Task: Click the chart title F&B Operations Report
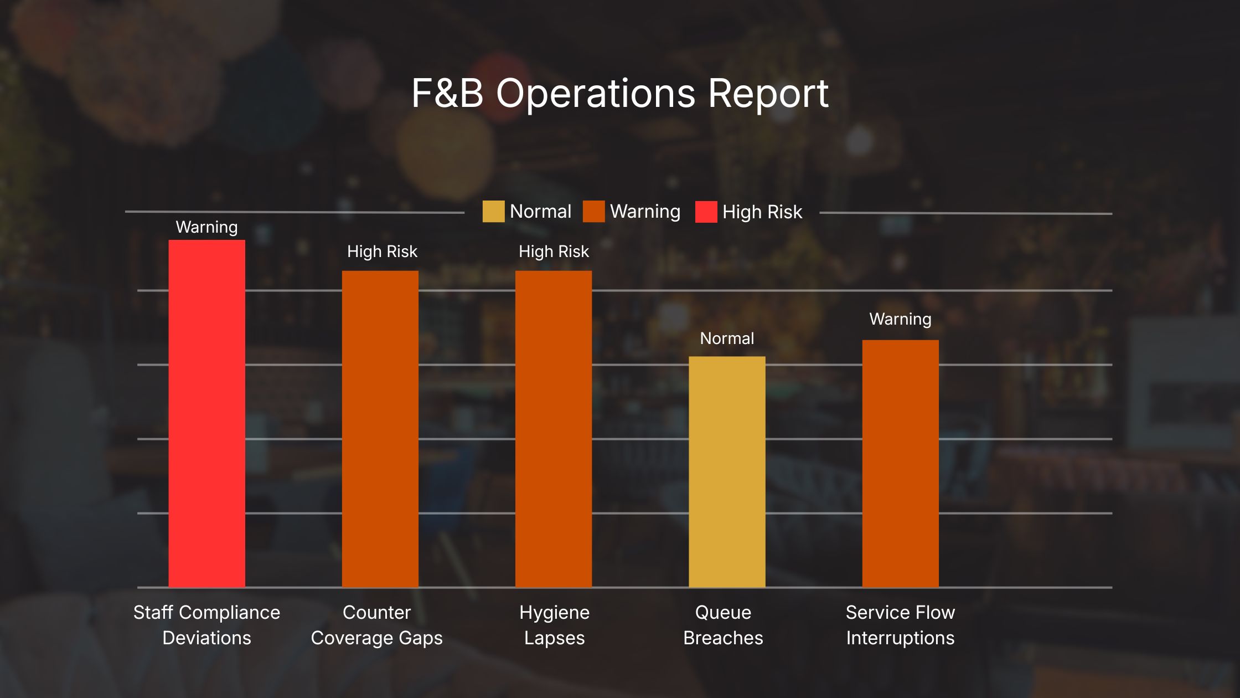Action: pyautogui.click(x=619, y=93)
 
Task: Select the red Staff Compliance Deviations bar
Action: pyautogui.click(x=206, y=413)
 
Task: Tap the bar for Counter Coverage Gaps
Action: pyautogui.click(x=380, y=429)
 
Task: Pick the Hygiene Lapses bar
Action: pyautogui.click(x=553, y=429)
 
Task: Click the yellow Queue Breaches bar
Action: pyautogui.click(x=727, y=471)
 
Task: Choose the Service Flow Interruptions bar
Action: pyautogui.click(x=900, y=463)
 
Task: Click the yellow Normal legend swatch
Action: pyautogui.click(x=493, y=212)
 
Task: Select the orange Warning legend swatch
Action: pyautogui.click(x=593, y=212)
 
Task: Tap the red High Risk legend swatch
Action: pyautogui.click(x=706, y=212)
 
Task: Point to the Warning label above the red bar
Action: pyautogui.click(x=206, y=227)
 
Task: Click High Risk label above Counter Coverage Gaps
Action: pyautogui.click(x=382, y=252)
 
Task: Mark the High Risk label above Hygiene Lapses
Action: pyautogui.click(x=554, y=252)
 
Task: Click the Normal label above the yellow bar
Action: pyautogui.click(x=727, y=338)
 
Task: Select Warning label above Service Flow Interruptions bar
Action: pyautogui.click(x=900, y=319)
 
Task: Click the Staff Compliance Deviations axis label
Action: pyautogui.click(x=206, y=625)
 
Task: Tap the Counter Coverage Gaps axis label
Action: pyautogui.click(x=376, y=625)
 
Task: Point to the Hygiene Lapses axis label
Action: pyautogui.click(x=554, y=625)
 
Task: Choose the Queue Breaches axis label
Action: pyautogui.click(x=723, y=625)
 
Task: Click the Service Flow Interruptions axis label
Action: pyautogui.click(x=900, y=625)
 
